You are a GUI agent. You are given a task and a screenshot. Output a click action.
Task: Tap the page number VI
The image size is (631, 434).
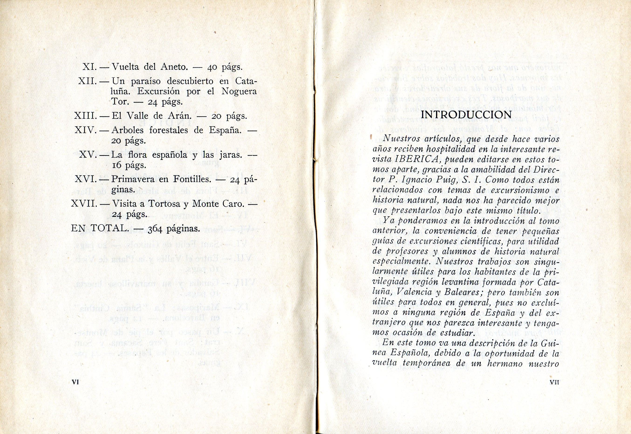coord(75,382)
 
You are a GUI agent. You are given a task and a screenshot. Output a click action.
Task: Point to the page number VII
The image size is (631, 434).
coord(554,382)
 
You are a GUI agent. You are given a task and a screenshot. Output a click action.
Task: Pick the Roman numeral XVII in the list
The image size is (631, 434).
coord(84,204)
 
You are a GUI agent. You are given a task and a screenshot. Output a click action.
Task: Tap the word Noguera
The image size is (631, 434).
coord(239,91)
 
